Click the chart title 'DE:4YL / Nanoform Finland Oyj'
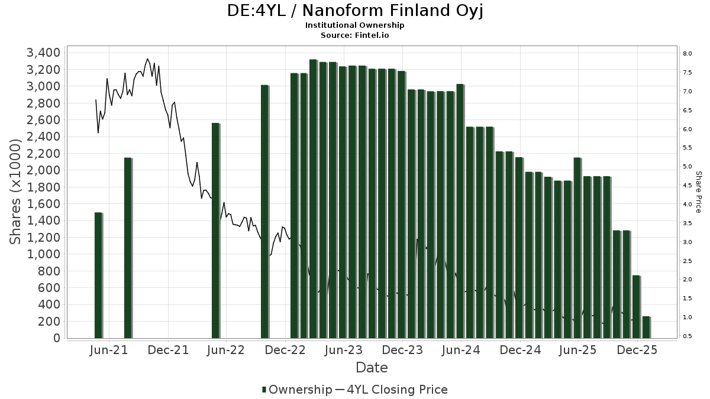coord(355,11)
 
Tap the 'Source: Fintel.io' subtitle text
coord(355,35)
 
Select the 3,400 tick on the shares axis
coord(43,53)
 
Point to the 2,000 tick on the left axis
coord(43,170)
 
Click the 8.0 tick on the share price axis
coord(688,54)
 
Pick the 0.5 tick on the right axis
coord(688,336)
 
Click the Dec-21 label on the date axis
coord(169,351)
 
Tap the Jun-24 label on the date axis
coord(461,351)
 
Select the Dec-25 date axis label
coord(637,351)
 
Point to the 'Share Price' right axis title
coord(698,192)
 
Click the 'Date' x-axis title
coord(372,368)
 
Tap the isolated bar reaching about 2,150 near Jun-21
coord(128,248)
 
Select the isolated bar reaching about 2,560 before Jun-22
coord(215,231)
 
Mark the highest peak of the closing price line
coord(147,59)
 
